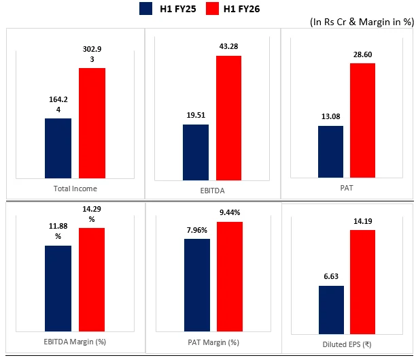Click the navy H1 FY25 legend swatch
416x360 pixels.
[x=145, y=8]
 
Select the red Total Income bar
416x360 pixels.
[x=92, y=123]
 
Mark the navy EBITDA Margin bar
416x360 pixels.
[x=58, y=287]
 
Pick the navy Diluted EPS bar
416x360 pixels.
[x=330, y=307]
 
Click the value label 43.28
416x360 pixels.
[x=229, y=46]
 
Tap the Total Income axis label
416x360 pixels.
[x=74, y=189]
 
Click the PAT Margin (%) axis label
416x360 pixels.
[x=212, y=342]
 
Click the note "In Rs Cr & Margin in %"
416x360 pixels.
[x=361, y=21]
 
